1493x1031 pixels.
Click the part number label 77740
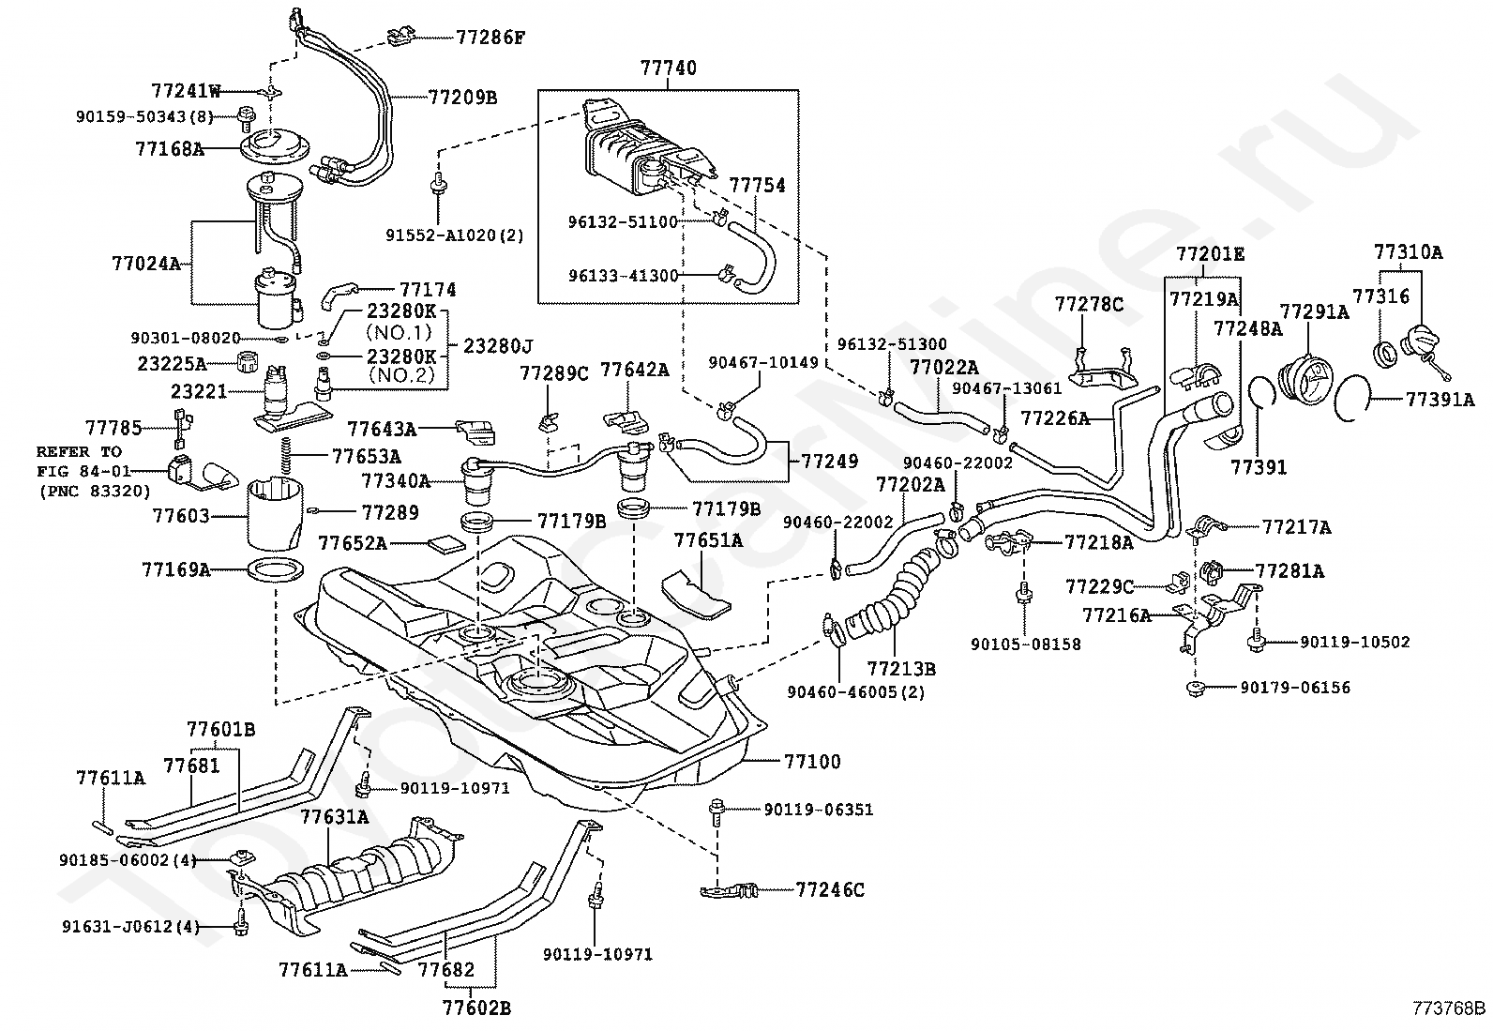[668, 68]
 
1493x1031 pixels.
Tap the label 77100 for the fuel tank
[812, 762]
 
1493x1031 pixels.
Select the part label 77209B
[462, 98]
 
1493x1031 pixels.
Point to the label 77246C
[830, 889]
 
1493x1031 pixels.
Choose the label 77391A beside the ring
[1440, 400]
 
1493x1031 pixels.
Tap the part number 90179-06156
[1295, 688]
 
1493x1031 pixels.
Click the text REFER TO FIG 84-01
[83, 462]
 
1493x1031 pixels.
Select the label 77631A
[334, 817]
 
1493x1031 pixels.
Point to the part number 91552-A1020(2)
[455, 235]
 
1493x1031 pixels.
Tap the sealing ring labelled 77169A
[276, 570]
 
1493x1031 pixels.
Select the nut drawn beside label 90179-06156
[1197, 689]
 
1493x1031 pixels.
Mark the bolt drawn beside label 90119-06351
[717, 812]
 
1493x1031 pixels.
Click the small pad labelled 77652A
[445, 543]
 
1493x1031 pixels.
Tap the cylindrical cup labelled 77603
[276, 516]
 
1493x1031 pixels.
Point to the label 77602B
[476, 1008]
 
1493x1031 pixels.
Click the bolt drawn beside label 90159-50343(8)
[246, 119]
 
